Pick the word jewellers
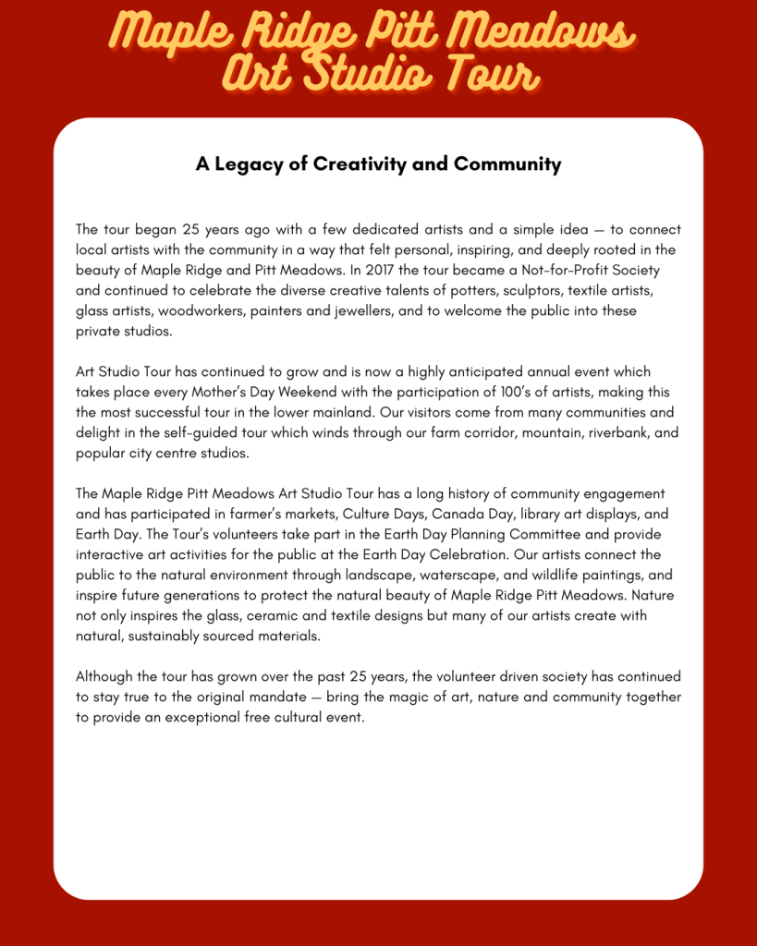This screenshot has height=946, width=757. click(x=368, y=311)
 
